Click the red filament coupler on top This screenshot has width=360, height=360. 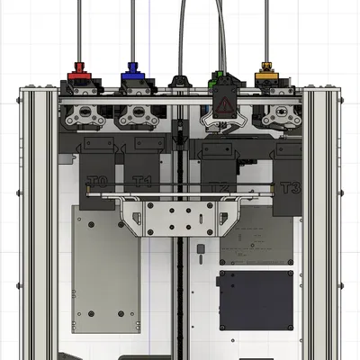78,70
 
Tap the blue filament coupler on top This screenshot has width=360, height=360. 133,70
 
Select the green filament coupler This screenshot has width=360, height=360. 218,76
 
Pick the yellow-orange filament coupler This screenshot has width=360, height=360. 265,70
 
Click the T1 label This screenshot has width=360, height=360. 142,181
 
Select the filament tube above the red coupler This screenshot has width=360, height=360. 79,27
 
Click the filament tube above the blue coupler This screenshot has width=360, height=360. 133,27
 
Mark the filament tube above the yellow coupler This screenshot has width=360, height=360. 265,27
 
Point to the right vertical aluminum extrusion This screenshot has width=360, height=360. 320,216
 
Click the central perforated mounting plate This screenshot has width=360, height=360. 180,216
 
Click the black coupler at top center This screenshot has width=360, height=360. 179,82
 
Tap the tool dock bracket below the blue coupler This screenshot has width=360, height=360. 137,113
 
